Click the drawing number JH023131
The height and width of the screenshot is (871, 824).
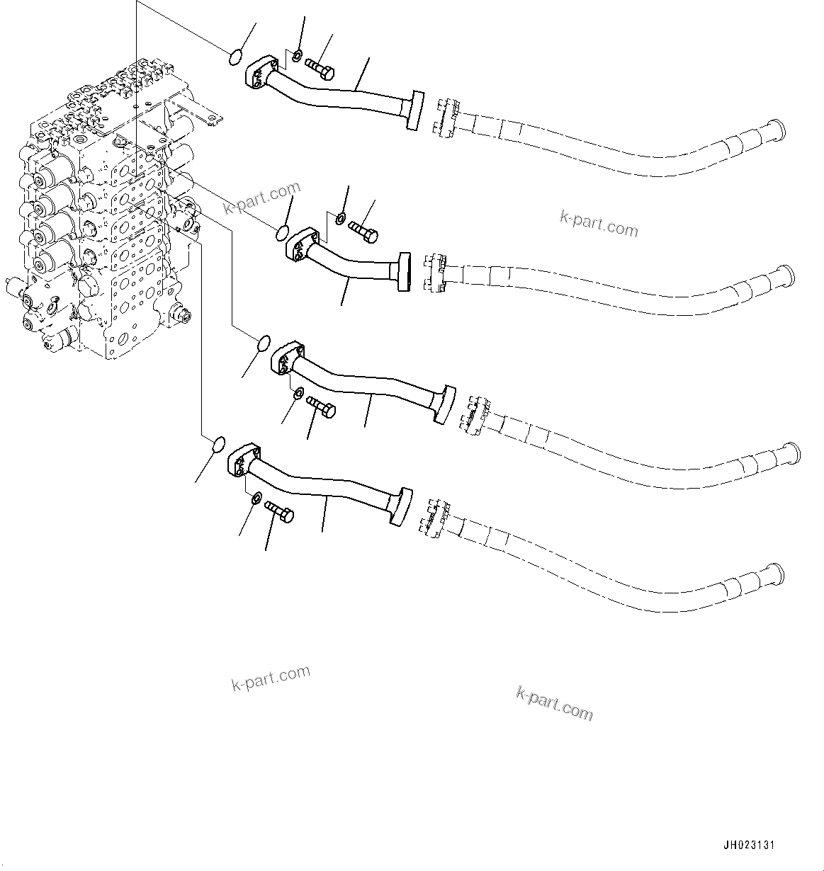pos(750,845)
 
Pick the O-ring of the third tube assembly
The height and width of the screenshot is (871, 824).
pos(262,343)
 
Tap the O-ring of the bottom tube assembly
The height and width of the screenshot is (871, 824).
pos(219,445)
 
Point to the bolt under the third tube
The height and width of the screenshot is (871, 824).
pos(322,407)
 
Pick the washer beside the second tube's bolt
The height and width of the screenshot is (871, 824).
pos(341,218)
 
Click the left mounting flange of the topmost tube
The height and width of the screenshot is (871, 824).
pos(257,76)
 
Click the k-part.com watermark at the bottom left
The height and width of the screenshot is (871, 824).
pos(271,678)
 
